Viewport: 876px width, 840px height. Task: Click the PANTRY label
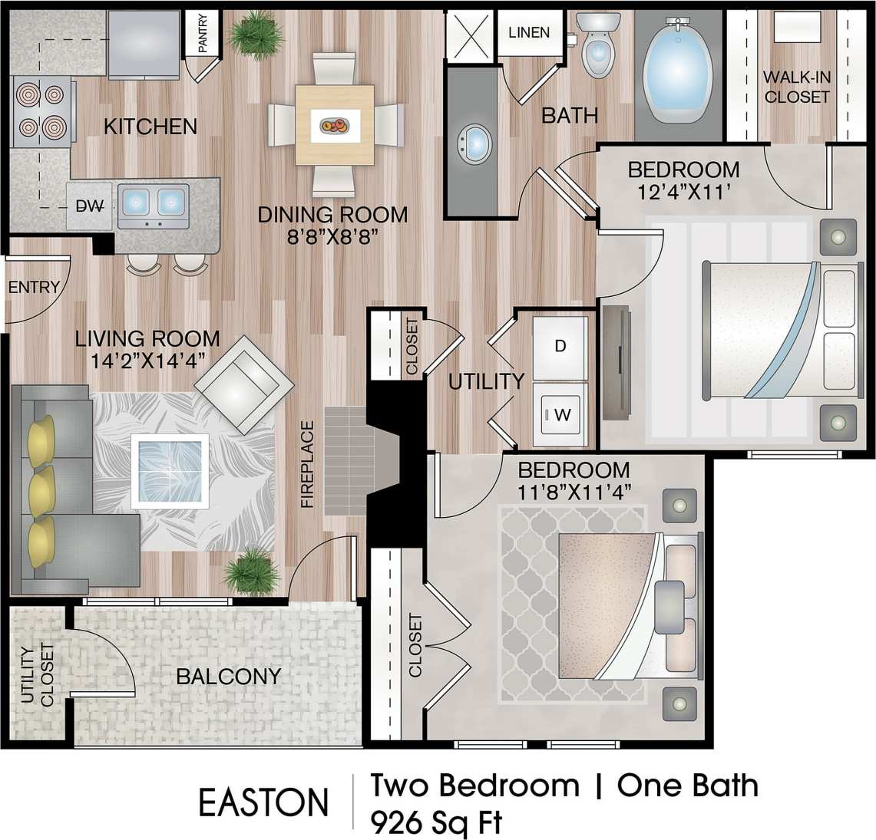click(x=203, y=35)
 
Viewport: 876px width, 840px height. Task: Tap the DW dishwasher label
click(x=90, y=206)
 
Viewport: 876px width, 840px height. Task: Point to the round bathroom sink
click(x=474, y=143)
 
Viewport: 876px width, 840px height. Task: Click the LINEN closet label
click(x=529, y=32)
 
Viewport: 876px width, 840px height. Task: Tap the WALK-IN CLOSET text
click(x=796, y=87)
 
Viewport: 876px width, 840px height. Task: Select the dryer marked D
click(x=560, y=347)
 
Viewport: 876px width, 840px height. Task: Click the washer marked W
click(x=560, y=415)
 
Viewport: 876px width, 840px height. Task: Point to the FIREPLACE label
click(x=307, y=464)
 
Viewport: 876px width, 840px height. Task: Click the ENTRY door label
click(x=34, y=287)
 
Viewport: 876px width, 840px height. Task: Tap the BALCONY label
click(x=228, y=677)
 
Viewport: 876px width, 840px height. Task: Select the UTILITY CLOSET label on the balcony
click(x=37, y=675)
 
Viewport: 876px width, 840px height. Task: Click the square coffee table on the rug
click(x=170, y=470)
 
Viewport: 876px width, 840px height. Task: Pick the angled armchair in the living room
click(x=243, y=384)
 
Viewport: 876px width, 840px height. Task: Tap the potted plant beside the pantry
click(x=256, y=35)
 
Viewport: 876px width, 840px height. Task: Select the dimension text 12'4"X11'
click(x=683, y=191)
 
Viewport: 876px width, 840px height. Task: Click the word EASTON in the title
click(x=263, y=802)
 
